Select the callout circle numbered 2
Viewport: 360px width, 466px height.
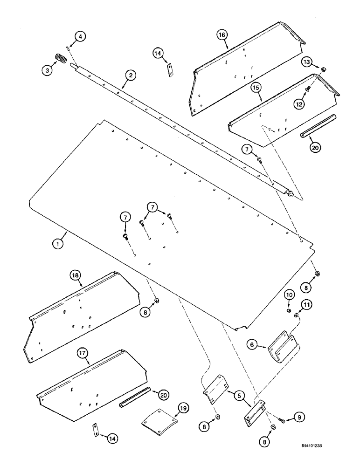tap(131, 75)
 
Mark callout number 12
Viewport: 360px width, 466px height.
tap(299, 104)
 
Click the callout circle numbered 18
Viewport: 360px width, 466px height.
tap(76, 276)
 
